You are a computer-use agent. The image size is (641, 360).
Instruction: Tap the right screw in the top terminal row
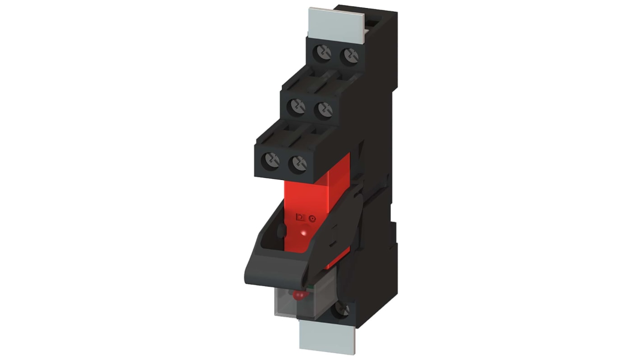tap(349, 56)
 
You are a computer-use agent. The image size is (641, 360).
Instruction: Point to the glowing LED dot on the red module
tap(305, 233)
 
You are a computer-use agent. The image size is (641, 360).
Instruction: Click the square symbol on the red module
tap(298, 217)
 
